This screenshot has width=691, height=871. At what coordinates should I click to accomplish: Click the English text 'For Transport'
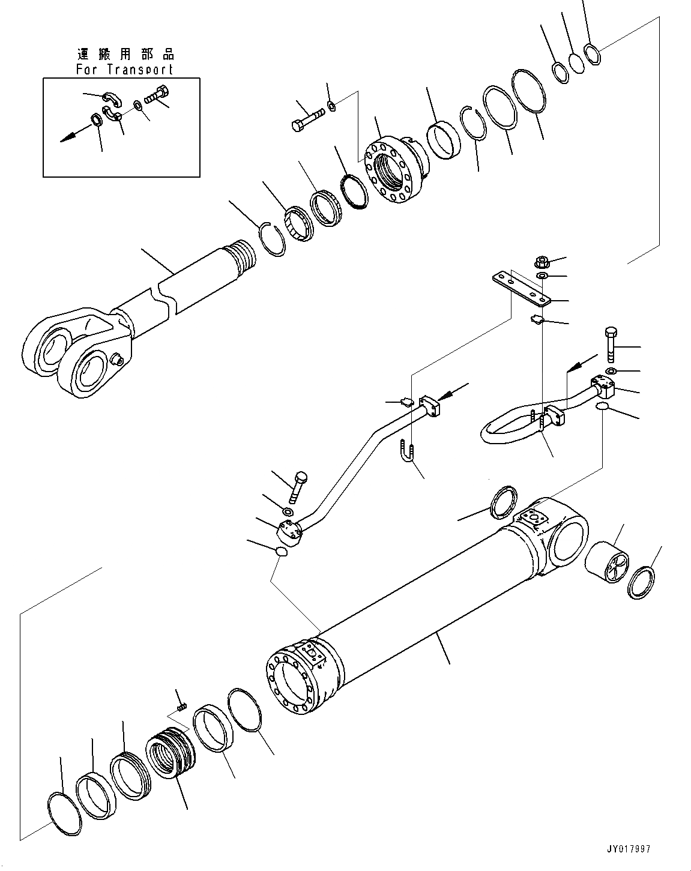(124, 69)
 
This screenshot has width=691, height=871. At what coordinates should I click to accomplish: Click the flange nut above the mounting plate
(541, 262)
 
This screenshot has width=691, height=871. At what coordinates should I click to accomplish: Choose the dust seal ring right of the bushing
(642, 582)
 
